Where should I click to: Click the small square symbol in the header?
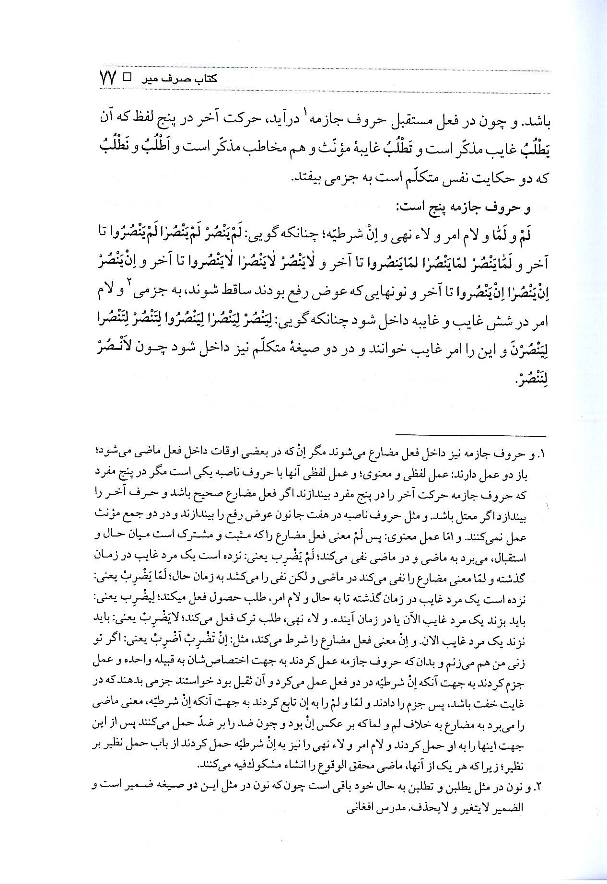pos(128,77)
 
